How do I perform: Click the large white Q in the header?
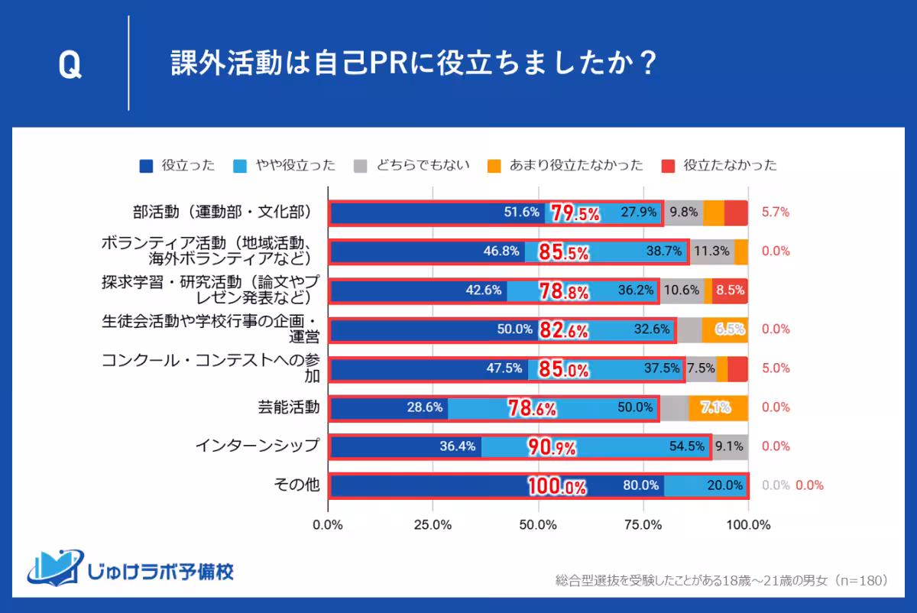[70, 66]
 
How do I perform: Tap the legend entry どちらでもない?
[412, 165]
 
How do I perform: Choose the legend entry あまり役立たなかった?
[565, 165]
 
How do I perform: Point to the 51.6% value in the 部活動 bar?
[521, 212]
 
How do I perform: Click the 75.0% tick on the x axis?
[643, 525]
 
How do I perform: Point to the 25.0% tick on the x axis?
[433, 525]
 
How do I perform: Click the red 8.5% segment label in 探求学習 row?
[730, 290]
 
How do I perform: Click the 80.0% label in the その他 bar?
[640, 485]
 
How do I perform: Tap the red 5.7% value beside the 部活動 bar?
[776, 212]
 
